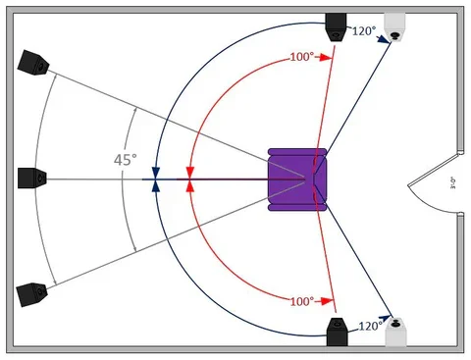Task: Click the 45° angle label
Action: (124, 159)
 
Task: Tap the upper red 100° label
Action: (301, 58)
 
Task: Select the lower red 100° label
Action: (301, 299)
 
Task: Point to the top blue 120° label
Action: (365, 31)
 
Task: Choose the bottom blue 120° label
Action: (369, 326)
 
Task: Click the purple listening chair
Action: (297, 179)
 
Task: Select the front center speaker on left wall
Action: (32, 178)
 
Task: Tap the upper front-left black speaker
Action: (34, 64)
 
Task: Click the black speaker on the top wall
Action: (337, 25)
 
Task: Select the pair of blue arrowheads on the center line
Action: (156, 179)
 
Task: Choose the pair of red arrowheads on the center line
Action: (189, 179)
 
